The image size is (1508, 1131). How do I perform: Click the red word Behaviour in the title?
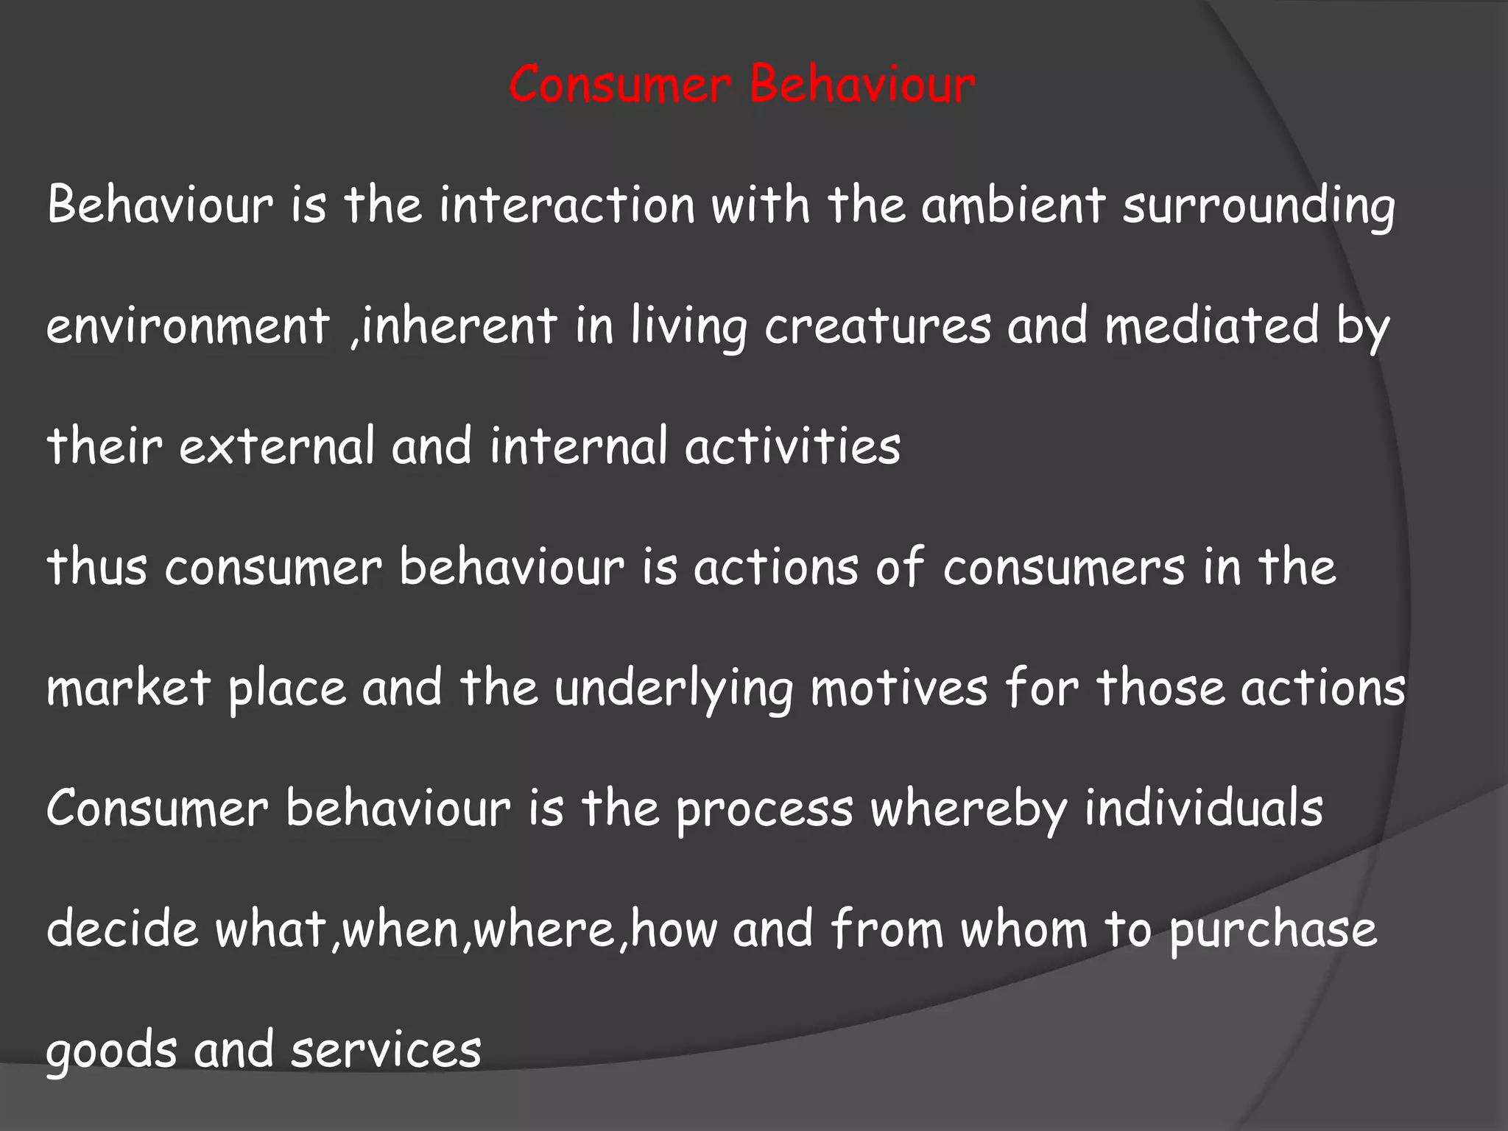tap(862, 85)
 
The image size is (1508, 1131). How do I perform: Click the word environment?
tap(188, 325)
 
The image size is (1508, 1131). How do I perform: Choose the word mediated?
tap(1212, 325)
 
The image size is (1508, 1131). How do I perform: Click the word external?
tap(277, 446)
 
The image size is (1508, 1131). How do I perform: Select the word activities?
tap(792, 446)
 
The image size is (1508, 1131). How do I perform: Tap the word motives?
tap(899, 688)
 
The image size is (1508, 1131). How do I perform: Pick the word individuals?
tap(1203, 808)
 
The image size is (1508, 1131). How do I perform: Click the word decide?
tap(122, 929)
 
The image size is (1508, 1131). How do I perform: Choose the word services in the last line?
tap(386, 1050)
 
